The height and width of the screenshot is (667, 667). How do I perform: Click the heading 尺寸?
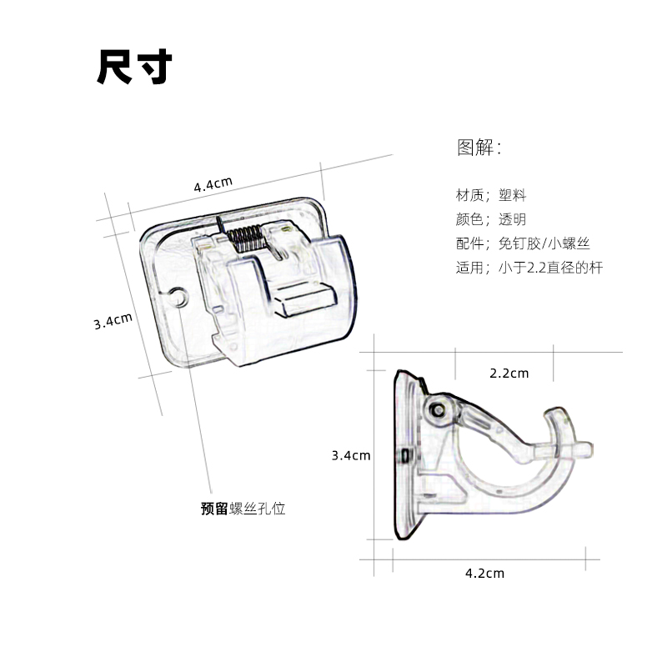coord(134,68)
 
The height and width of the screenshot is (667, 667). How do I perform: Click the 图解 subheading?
coord(479,148)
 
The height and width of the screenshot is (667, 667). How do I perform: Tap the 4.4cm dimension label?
coord(213,184)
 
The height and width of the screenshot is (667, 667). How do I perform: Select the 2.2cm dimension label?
coord(509,373)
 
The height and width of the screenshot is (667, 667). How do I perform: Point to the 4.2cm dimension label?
coord(484,573)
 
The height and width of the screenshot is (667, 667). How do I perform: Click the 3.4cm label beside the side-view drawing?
coord(351,455)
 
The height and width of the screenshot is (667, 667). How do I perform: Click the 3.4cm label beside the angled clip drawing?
coord(113,321)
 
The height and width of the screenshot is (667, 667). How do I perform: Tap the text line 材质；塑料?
coord(491,196)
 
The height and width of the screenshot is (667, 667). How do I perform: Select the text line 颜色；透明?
coord(491,220)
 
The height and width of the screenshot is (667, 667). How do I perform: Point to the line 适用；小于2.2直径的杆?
coord(529,268)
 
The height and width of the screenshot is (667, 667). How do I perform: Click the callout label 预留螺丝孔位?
coord(243,508)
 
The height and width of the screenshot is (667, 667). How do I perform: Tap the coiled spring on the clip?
coord(246,237)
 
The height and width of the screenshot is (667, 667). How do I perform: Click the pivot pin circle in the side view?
coord(437,409)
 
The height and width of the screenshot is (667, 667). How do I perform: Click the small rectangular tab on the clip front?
coord(304,298)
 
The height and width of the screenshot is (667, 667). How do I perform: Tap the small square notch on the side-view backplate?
coord(404,456)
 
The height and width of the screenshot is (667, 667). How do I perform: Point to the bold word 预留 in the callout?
coord(214,508)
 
